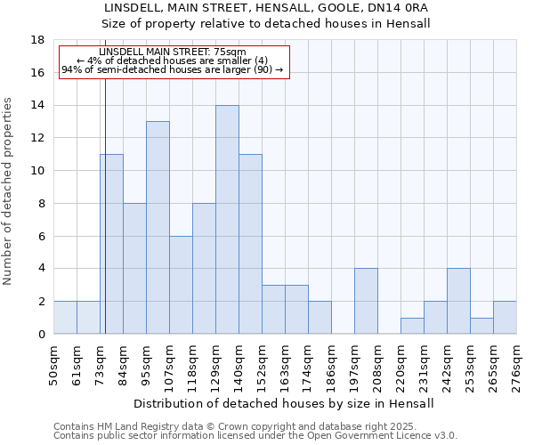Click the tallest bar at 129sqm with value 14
click(227, 220)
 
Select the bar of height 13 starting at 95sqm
click(158, 228)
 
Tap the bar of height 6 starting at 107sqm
click(181, 285)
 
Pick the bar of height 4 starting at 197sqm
click(366, 301)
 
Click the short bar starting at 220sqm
click(412, 326)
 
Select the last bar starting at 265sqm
click(505, 318)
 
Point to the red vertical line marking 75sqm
click(105, 205)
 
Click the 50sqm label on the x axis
click(54, 362)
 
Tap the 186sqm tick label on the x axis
click(332, 362)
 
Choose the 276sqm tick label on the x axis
click(517, 362)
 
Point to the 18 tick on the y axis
click(37, 40)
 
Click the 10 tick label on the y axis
click(37, 171)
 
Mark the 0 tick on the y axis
click(41, 335)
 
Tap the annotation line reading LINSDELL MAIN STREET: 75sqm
click(173, 53)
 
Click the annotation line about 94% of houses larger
click(173, 69)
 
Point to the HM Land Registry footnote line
click(222, 426)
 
